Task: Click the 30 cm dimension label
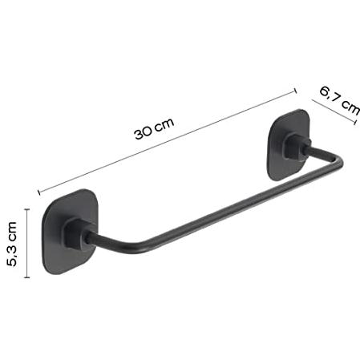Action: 154,128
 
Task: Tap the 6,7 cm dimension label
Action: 340,100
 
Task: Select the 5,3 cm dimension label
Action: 12,244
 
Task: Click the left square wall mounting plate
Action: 70,232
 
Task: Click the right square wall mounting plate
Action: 289,144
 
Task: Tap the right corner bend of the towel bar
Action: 338,162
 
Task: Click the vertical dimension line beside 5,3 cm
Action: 27,243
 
